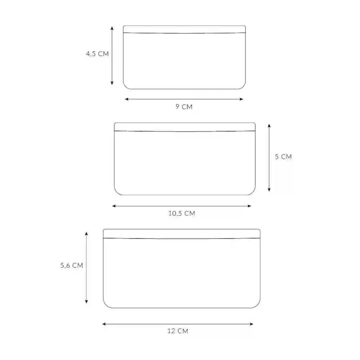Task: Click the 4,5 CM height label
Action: click(97, 54)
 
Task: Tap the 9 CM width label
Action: click(184, 107)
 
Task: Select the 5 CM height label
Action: click(283, 157)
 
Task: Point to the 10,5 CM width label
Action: click(181, 213)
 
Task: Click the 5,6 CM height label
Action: click(72, 265)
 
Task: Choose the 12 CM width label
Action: click(178, 331)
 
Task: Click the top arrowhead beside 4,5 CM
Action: click(112, 28)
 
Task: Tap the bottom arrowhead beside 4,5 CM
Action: click(112, 83)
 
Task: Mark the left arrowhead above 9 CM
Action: click(127, 99)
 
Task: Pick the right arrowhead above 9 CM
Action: click(241, 99)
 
